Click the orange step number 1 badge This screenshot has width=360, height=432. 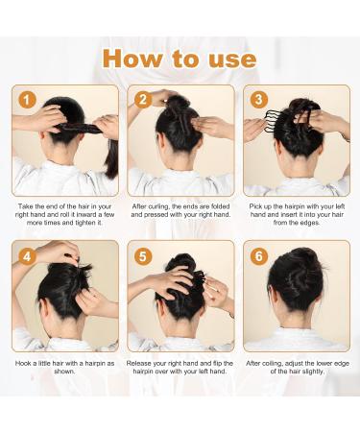click(x=27, y=100)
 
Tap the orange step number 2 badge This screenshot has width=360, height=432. click(x=143, y=100)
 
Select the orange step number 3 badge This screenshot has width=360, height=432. click(x=258, y=100)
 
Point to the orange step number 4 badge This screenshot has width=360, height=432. click(x=27, y=256)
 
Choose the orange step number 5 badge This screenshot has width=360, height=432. click(x=143, y=256)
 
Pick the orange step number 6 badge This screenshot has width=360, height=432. click(x=258, y=256)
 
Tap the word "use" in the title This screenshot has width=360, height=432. click(x=232, y=60)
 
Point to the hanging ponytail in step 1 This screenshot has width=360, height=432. click(x=111, y=157)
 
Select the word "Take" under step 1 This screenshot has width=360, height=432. click(x=25, y=206)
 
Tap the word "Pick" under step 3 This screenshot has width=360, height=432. click(x=255, y=206)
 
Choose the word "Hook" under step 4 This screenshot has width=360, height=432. click(x=23, y=364)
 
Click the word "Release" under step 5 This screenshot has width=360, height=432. click(x=139, y=364)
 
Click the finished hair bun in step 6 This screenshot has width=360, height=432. click(x=297, y=277)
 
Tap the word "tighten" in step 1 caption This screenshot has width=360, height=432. click(x=85, y=223)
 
